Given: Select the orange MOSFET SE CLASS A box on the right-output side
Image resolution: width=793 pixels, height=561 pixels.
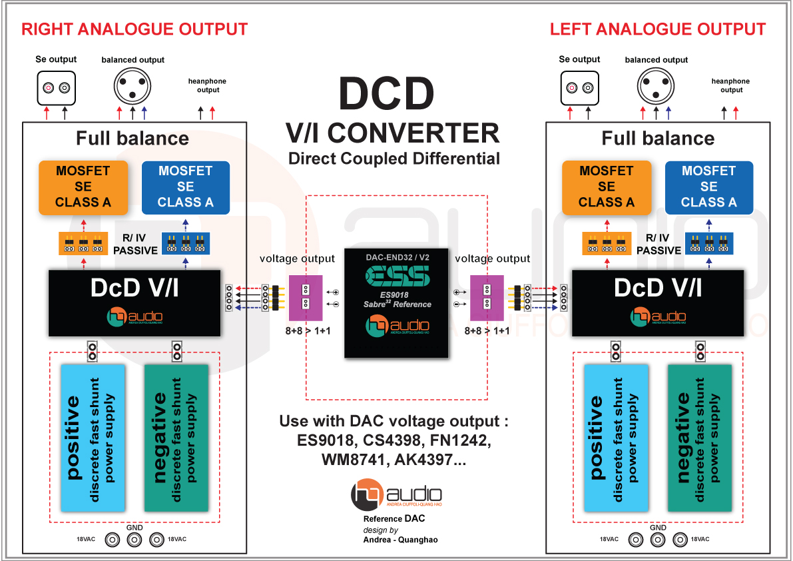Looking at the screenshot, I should (83, 187).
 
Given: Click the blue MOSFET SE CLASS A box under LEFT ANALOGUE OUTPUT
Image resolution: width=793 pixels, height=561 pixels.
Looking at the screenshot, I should (708, 187).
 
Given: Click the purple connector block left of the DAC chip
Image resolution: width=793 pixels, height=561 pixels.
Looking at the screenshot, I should (306, 297).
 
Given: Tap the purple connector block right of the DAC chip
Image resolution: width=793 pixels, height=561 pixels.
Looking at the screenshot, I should (487, 297).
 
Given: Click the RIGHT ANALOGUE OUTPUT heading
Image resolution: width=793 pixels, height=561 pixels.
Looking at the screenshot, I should (134, 30).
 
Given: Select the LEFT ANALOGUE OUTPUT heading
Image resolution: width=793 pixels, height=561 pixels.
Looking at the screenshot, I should (658, 30).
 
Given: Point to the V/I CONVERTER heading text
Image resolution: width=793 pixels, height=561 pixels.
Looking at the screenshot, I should (393, 133).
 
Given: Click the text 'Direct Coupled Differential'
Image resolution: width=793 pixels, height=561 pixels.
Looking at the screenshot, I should (394, 159).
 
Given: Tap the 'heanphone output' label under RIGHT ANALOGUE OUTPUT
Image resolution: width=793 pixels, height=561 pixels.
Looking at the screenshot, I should (208, 85).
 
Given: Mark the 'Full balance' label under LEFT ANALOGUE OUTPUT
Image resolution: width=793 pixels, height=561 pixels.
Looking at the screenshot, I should (658, 139).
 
